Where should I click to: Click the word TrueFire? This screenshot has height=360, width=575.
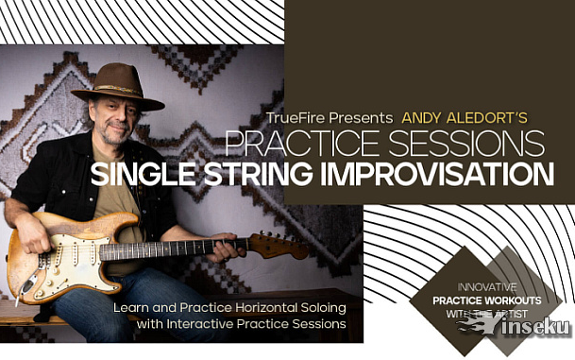click(x=295, y=118)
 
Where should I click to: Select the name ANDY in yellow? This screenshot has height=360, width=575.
click(x=422, y=118)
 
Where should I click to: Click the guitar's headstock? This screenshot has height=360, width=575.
click(x=284, y=246)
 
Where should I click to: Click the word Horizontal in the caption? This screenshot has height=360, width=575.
click(x=262, y=308)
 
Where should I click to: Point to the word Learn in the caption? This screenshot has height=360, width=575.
click(x=131, y=308)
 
